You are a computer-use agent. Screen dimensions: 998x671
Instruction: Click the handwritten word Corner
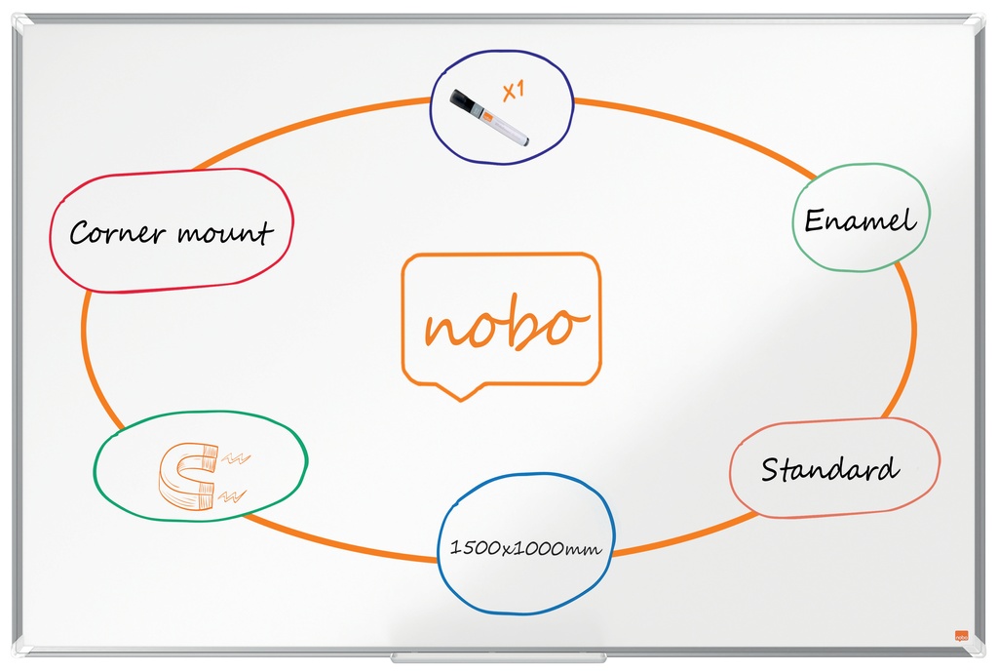tap(118, 232)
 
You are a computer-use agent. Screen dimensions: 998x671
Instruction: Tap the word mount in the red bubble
tap(225, 231)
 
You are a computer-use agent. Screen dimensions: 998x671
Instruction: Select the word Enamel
tap(860, 220)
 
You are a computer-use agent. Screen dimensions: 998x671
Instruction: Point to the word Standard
tap(830, 469)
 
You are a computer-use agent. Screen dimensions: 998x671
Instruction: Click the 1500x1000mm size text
tap(525, 547)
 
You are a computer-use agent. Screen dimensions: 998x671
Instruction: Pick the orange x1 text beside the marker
tap(514, 91)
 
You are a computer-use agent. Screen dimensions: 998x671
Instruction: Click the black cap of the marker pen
tap(463, 103)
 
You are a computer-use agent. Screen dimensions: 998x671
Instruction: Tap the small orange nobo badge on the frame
tap(961, 635)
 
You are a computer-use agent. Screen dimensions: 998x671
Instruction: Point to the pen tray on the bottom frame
tap(498, 657)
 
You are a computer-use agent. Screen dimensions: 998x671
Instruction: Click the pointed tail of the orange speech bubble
tap(461, 399)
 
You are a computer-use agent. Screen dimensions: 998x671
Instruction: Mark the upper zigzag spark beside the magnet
tap(236, 457)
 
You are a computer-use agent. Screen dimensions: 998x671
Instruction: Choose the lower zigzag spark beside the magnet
tap(232, 495)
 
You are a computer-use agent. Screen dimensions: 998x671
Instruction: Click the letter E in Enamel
tap(815, 220)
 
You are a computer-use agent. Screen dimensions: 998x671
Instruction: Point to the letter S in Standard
tap(771, 470)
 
